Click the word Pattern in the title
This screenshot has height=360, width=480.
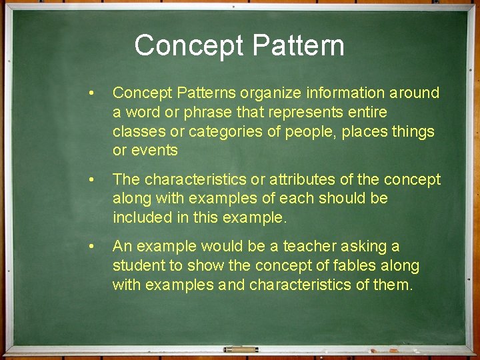[299, 46]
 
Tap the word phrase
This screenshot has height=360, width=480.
[196, 113]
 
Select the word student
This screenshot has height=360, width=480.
[138, 266]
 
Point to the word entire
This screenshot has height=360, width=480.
[366, 113]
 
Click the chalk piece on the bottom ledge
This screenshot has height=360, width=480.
[241, 349]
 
